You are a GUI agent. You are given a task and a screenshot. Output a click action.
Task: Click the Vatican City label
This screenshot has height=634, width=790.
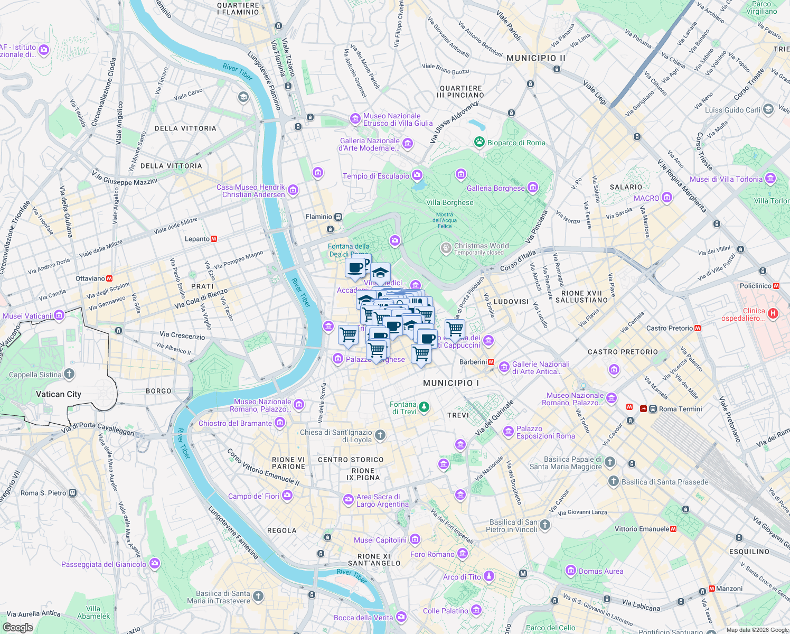(x=59, y=394)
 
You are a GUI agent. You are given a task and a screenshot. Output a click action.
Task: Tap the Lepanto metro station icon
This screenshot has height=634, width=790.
(x=214, y=239)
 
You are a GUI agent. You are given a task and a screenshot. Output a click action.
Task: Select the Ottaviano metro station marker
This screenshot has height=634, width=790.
(x=109, y=278)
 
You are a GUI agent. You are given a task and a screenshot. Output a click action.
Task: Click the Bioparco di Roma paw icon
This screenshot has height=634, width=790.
(x=479, y=142)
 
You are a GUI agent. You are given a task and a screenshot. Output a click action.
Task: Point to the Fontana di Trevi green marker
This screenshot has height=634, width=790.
(x=424, y=407)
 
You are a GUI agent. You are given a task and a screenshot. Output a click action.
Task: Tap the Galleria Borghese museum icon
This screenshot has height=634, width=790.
(x=532, y=188)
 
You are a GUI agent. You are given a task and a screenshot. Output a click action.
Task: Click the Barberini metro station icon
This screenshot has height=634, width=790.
(x=491, y=362)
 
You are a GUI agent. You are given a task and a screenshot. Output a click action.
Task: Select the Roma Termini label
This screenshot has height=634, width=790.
(x=680, y=409)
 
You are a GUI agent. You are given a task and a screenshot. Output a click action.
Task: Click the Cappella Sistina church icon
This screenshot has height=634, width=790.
(x=69, y=375)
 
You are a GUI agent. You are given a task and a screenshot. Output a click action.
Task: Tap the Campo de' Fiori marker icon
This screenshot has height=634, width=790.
(x=287, y=496)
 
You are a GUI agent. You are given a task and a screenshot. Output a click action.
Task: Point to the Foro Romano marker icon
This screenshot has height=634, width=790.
(x=463, y=554)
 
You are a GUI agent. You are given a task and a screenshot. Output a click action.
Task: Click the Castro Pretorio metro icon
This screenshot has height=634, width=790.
(x=698, y=328)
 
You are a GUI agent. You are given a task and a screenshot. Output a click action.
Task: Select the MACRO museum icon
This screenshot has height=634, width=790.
(x=667, y=198)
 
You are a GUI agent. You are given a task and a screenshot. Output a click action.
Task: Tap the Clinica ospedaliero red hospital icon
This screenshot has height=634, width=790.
(x=773, y=314)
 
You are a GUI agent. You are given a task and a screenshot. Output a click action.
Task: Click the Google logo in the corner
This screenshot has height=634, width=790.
(x=17, y=627)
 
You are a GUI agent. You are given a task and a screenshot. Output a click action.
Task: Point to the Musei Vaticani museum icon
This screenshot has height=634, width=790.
(x=59, y=316)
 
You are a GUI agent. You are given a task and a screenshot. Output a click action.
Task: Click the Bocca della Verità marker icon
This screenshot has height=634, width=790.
(x=401, y=617)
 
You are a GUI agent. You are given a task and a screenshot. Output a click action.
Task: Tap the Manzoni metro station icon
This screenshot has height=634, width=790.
(x=703, y=591)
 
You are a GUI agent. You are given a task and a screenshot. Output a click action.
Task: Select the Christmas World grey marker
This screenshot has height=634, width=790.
(x=446, y=248)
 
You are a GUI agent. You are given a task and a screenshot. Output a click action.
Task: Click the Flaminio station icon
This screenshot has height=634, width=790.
(x=338, y=217)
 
